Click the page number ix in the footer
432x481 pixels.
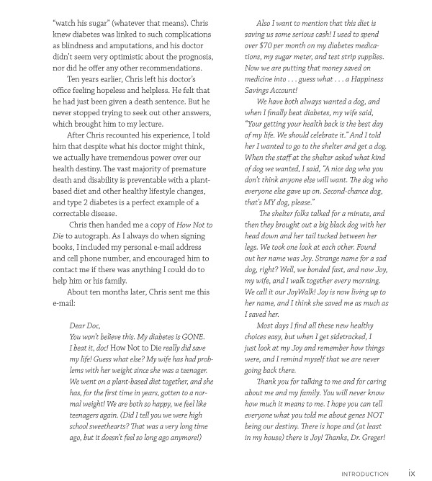(411, 474)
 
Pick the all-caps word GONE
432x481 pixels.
(194, 337)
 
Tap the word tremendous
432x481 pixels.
(135, 158)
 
